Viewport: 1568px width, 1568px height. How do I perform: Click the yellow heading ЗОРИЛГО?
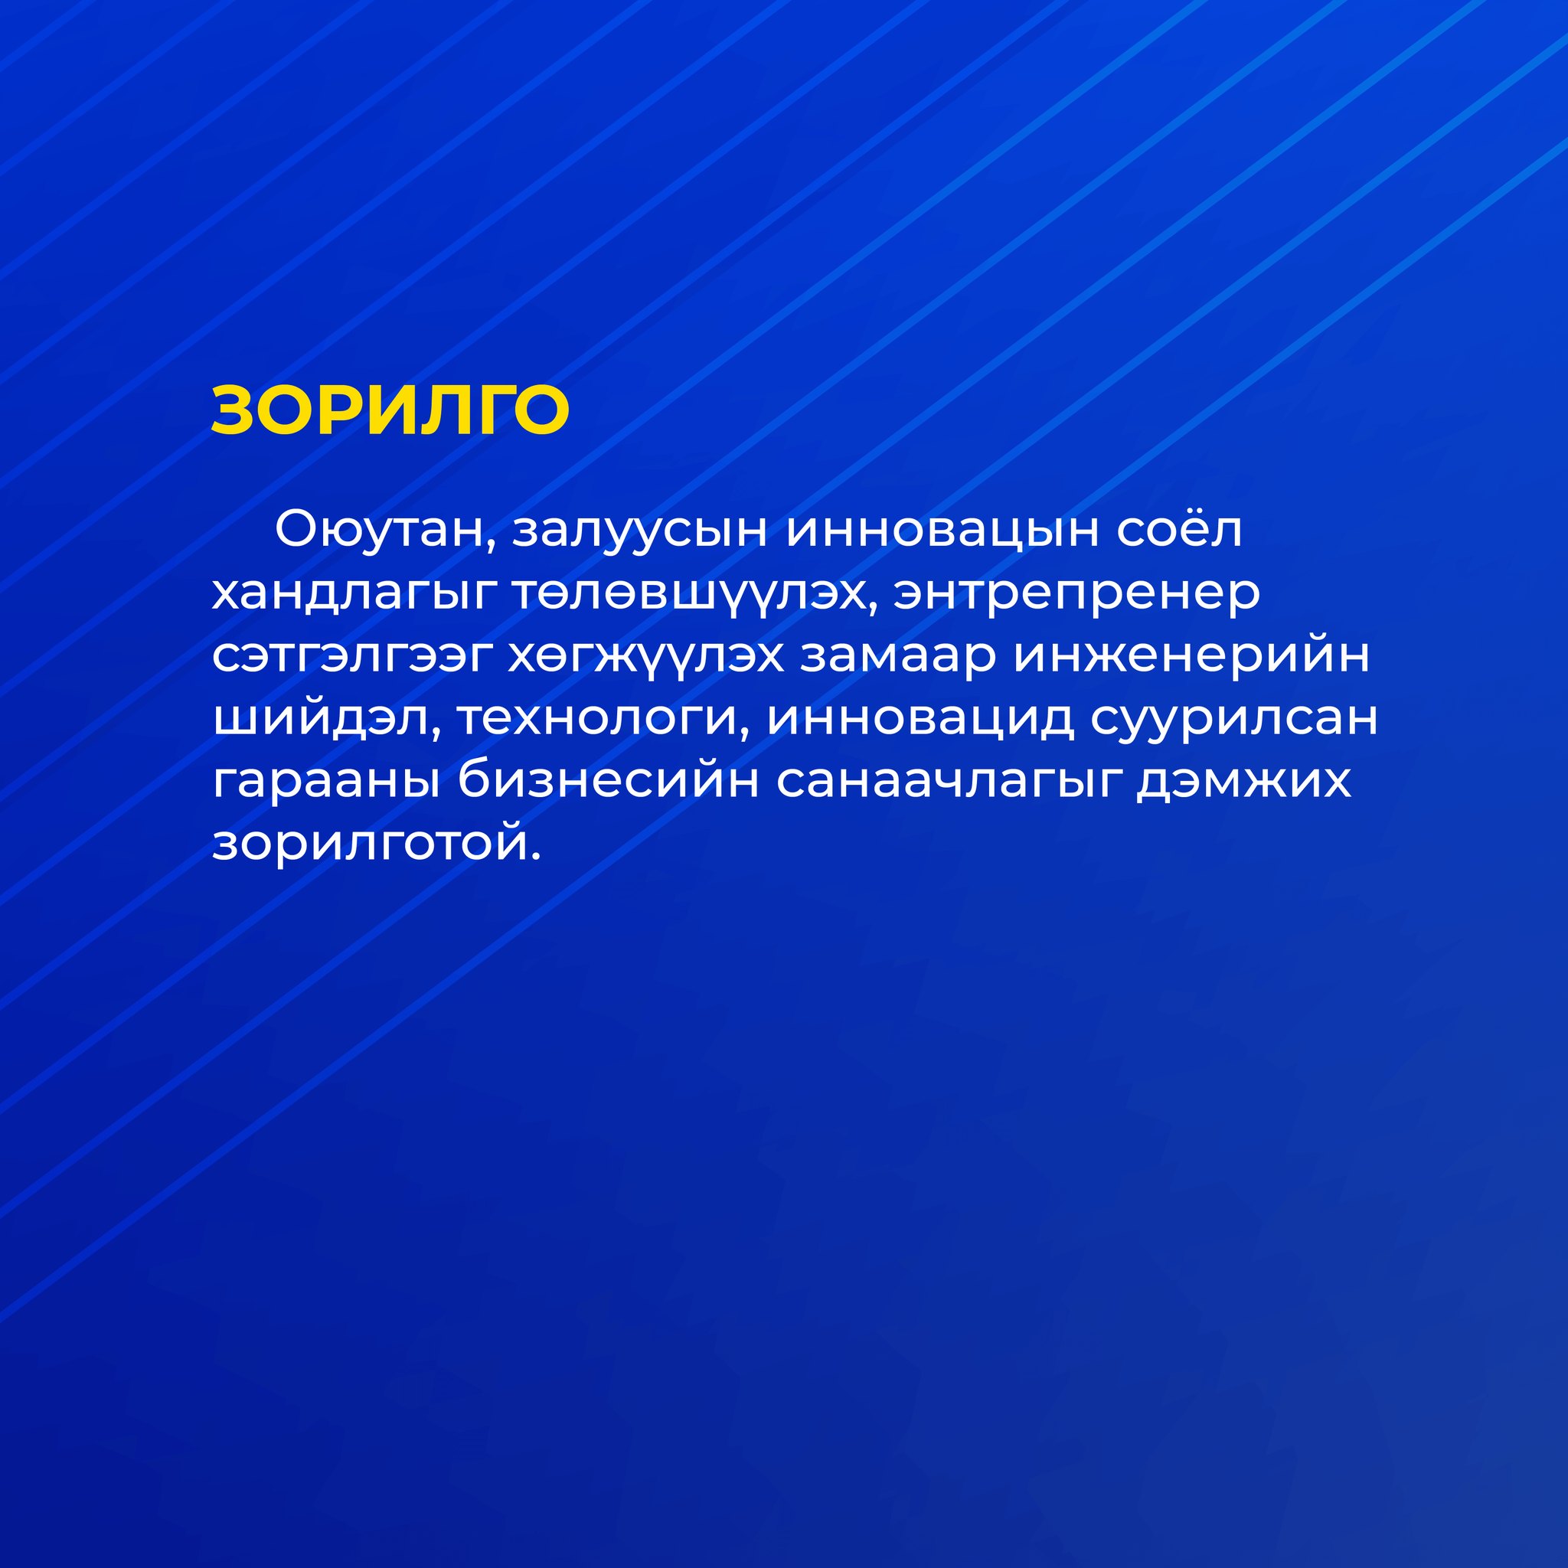390,410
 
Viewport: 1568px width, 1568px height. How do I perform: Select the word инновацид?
920,720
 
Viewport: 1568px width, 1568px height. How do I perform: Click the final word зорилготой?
377,844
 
